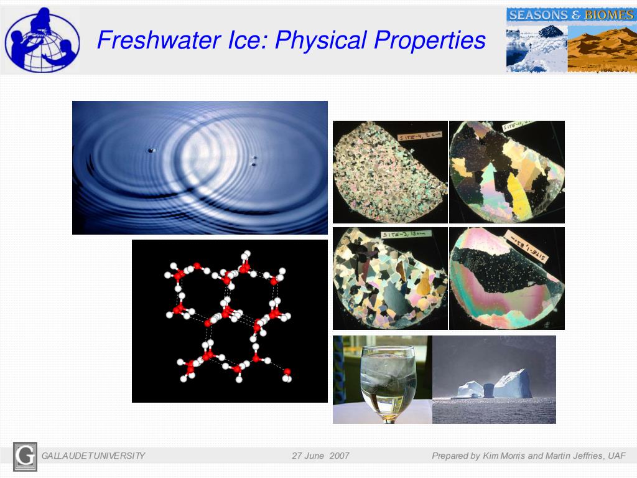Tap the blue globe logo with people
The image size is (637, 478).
tap(42, 39)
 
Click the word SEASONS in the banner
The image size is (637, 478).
tap(539, 14)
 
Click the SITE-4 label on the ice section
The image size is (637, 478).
tap(422, 134)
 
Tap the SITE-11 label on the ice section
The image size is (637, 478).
tap(519, 127)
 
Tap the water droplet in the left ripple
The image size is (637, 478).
tap(151, 150)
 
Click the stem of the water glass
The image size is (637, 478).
tap(389, 418)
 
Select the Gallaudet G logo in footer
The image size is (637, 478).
tap(25, 456)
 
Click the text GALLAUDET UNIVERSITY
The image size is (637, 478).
tap(93, 456)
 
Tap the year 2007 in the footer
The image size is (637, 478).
tap(340, 456)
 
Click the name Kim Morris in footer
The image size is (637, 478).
tap(504, 456)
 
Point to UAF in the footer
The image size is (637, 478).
tap(616, 456)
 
